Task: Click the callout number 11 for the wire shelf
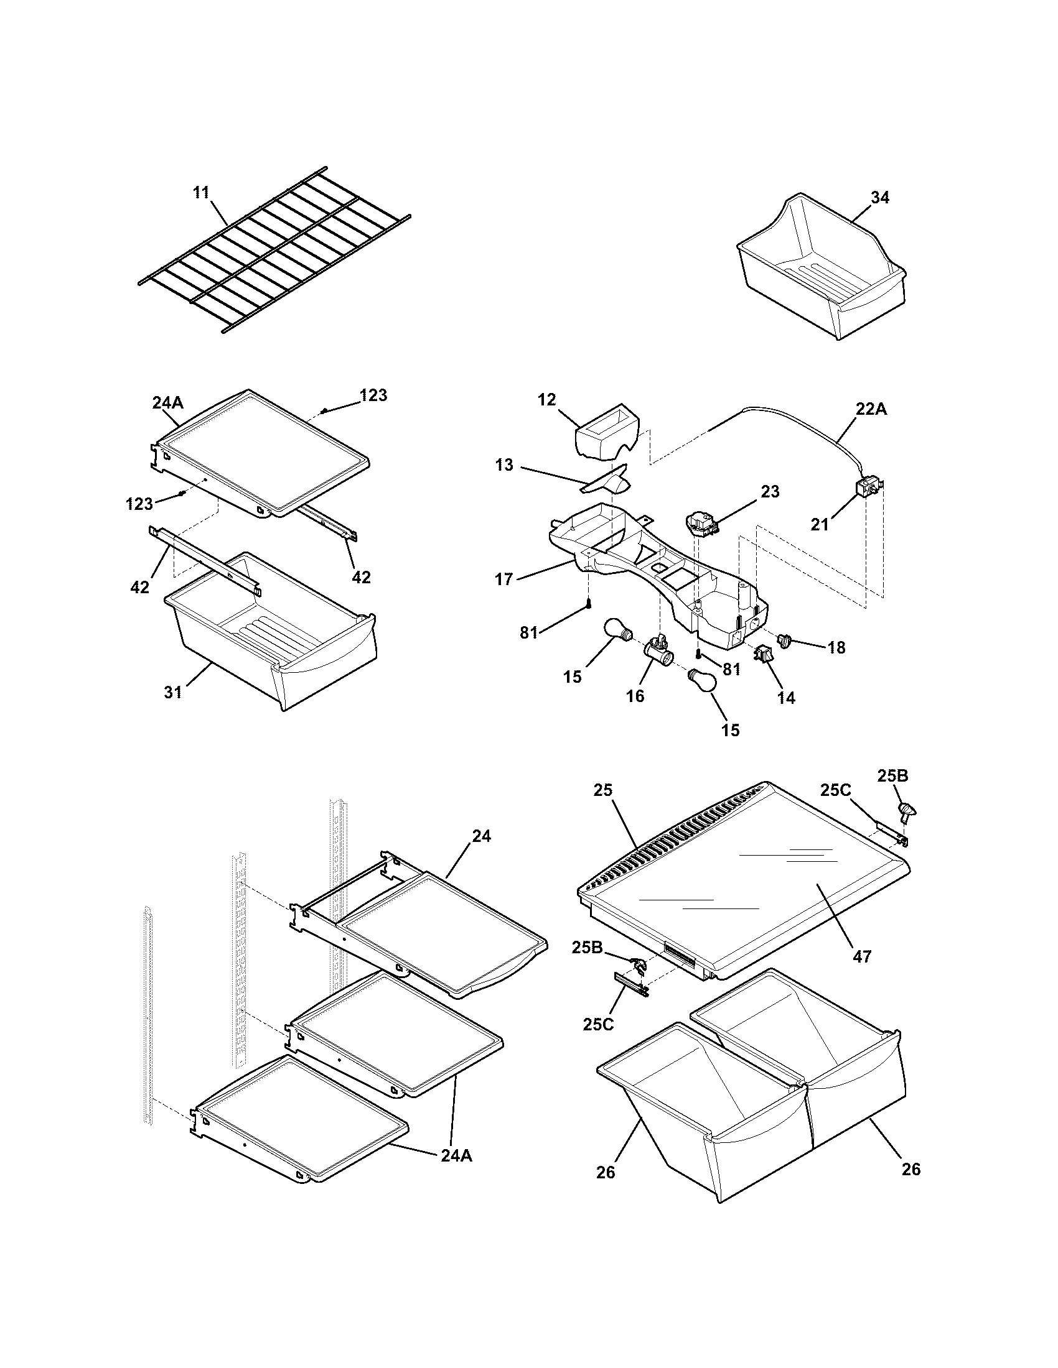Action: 201,192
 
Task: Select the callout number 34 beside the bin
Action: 879,197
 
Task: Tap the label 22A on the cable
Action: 871,409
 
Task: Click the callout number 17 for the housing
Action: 504,580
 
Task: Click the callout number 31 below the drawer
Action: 173,691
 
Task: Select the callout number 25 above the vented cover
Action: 602,790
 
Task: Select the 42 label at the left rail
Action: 139,587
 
